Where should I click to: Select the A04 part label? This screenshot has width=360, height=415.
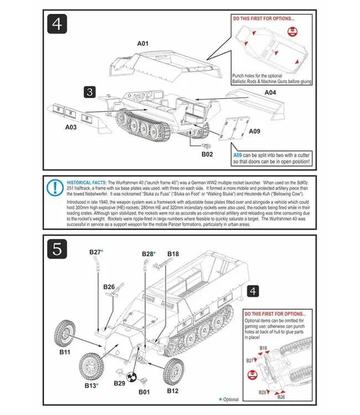[269, 92]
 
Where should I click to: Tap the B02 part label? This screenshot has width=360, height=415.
[207, 154]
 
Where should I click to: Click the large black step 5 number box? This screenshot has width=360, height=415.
[58, 248]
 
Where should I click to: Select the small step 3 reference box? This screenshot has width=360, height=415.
[91, 91]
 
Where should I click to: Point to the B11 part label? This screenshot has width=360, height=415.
[64, 351]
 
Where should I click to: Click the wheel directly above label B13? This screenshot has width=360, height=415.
[91, 364]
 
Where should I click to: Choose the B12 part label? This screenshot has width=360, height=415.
[173, 391]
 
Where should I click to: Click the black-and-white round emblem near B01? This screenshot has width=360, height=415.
[132, 377]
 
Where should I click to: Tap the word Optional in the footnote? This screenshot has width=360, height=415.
[231, 399]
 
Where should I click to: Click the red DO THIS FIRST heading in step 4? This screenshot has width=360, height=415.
[264, 18]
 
